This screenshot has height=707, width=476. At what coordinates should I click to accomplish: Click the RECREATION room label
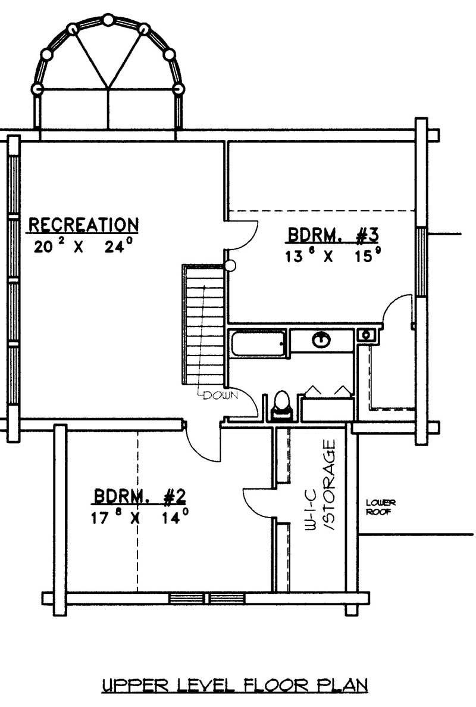tap(84, 225)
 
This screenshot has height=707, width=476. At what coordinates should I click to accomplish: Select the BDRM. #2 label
tap(140, 496)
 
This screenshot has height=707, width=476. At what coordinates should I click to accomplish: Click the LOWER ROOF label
tap(380, 507)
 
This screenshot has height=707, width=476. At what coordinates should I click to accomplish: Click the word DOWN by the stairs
tap(220, 394)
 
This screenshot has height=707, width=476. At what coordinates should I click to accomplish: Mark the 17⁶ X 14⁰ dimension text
tap(140, 516)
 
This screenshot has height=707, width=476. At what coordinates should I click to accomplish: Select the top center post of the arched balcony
tap(108, 20)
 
